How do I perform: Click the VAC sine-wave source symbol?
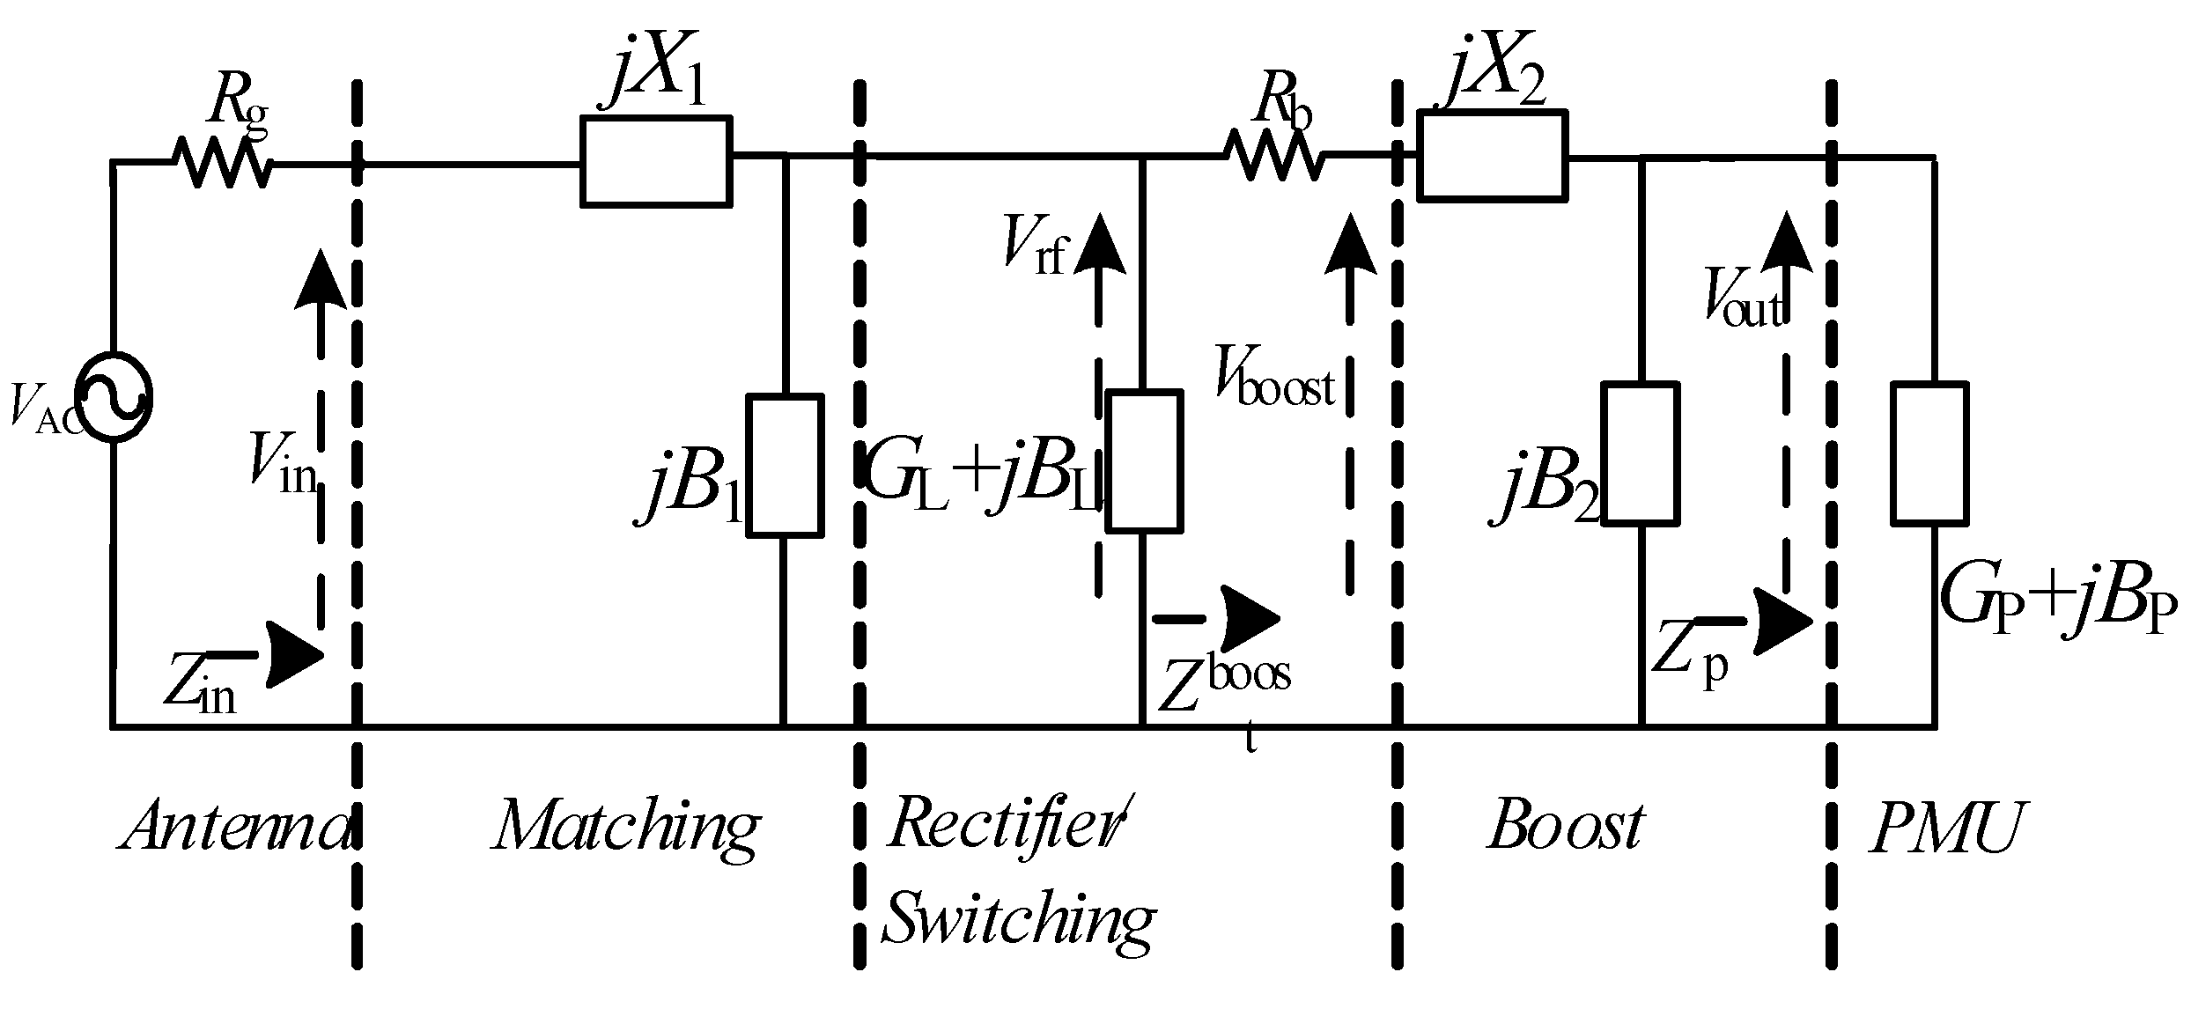(114, 398)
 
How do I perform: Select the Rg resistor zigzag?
(222, 163)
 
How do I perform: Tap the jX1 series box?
(655, 161)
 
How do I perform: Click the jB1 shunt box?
(785, 466)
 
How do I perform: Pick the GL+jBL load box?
(1143, 462)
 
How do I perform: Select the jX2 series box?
(1492, 156)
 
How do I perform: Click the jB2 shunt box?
(1638, 453)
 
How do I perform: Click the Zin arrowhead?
(295, 654)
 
